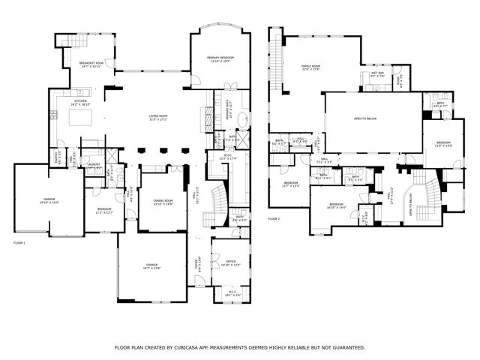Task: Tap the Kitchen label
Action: [81, 102]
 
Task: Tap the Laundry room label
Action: [94, 166]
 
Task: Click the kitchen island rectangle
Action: [79, 118]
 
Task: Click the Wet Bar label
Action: [377, 74]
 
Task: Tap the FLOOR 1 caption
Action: [19, 244]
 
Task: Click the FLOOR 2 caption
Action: [274, 219]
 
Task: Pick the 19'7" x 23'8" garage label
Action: [152, 266]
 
